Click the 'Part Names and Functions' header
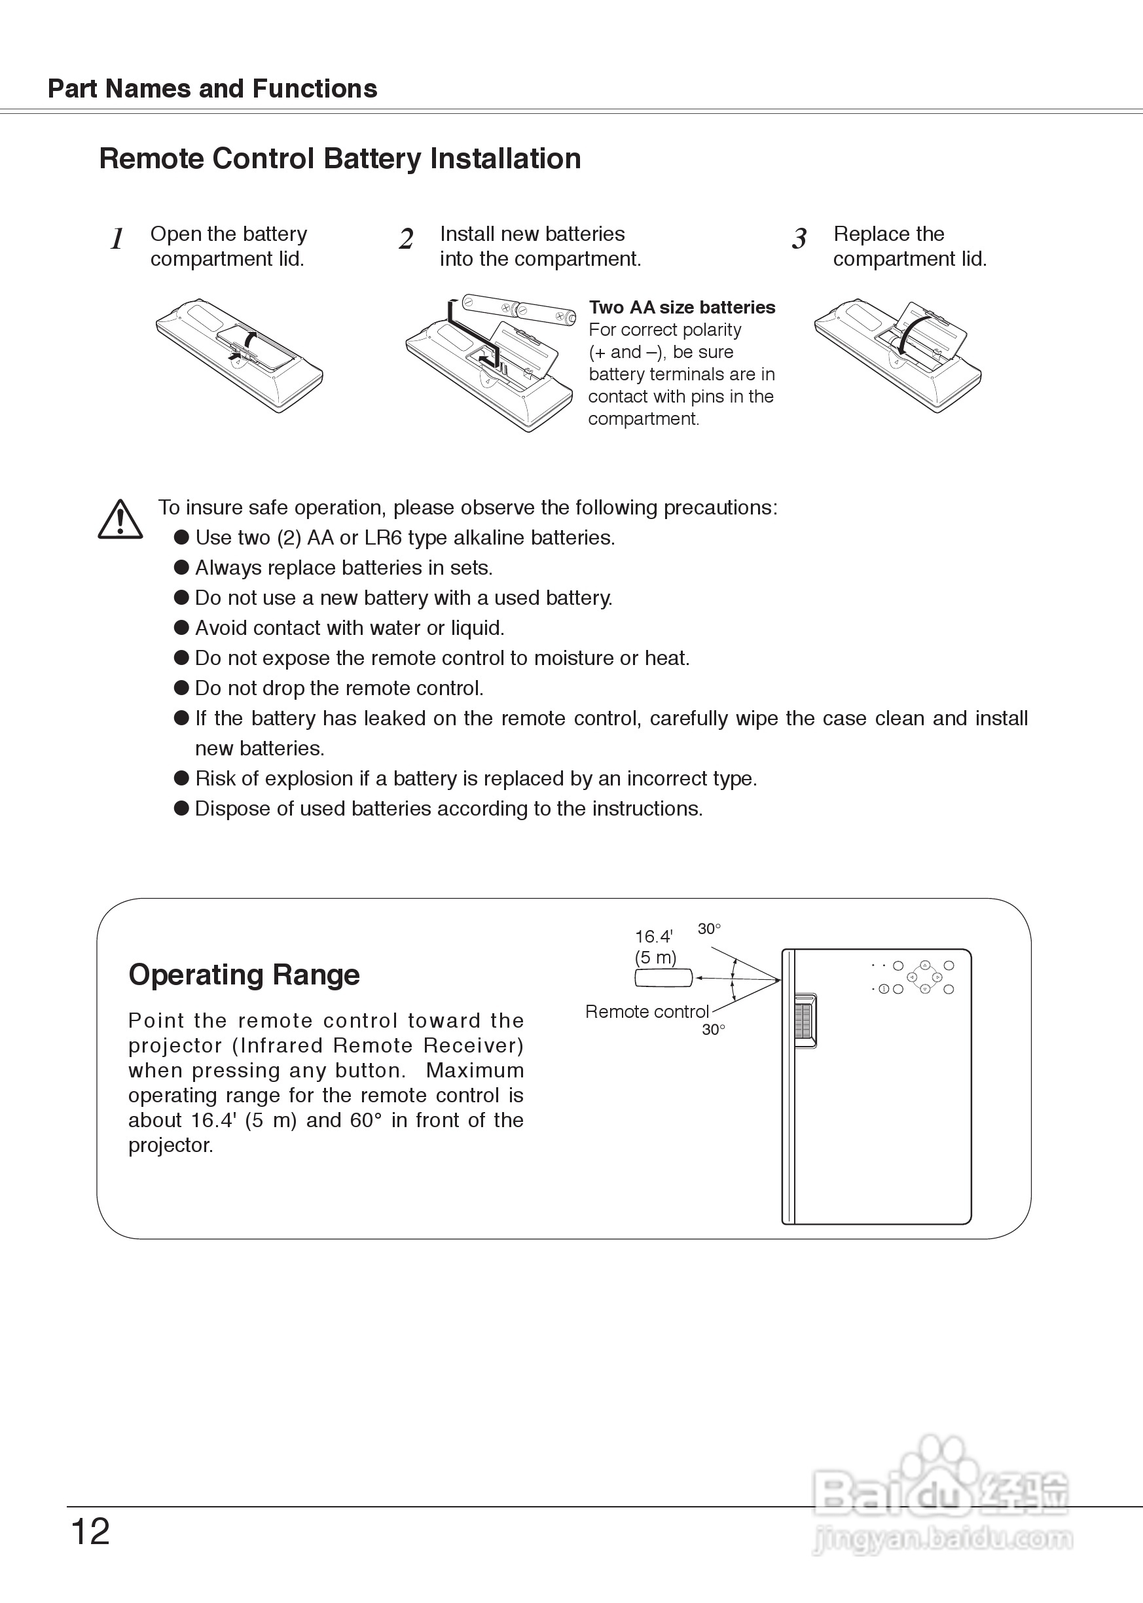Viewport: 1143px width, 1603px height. coord(212,88)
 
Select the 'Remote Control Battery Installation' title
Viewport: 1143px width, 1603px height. coord(340,158)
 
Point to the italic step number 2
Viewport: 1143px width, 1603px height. coord(406,240)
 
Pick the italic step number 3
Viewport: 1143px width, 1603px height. coord(799,240)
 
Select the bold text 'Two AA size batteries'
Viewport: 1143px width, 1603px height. coord(682,308)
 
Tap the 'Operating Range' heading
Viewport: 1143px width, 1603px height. coord(244,975)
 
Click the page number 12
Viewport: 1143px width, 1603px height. coord(91,1532)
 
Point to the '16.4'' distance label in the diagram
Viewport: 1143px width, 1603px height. coord(654,937)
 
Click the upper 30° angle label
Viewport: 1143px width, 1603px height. coord(709,929)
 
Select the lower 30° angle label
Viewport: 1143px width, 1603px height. coord(713,1030)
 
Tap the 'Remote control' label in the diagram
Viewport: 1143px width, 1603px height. coord(647,1011)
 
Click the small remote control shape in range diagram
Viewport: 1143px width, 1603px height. coord(663,977)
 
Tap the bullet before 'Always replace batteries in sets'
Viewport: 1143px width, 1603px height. coord(181,567)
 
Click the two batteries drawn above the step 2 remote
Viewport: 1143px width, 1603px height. coord(519,309)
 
